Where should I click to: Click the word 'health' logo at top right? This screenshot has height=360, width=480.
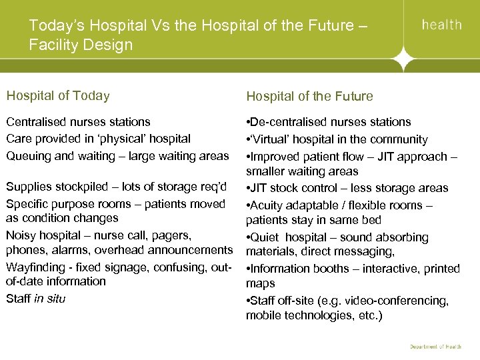click(x=442, y=25)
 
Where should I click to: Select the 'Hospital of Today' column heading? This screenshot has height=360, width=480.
click(x=58, y=95)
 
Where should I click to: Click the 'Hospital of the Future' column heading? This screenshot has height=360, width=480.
click(x=309, y=96)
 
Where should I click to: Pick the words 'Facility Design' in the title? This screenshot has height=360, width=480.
click(x=81, y=45)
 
